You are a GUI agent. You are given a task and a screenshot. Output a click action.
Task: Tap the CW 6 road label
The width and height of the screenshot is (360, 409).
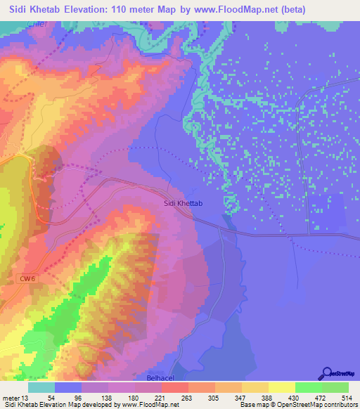pyautogui.click(x=26, y=280)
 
